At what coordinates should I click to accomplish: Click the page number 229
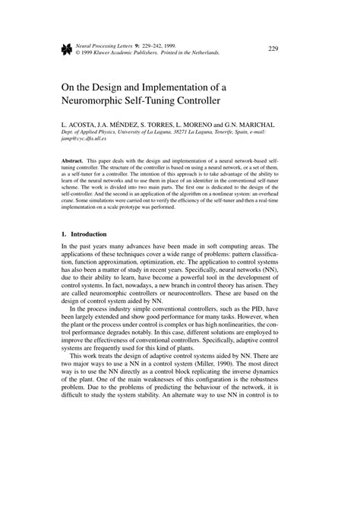[273, 49]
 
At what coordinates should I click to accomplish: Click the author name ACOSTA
[84, 122]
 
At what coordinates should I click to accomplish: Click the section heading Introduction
[90, 234]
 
